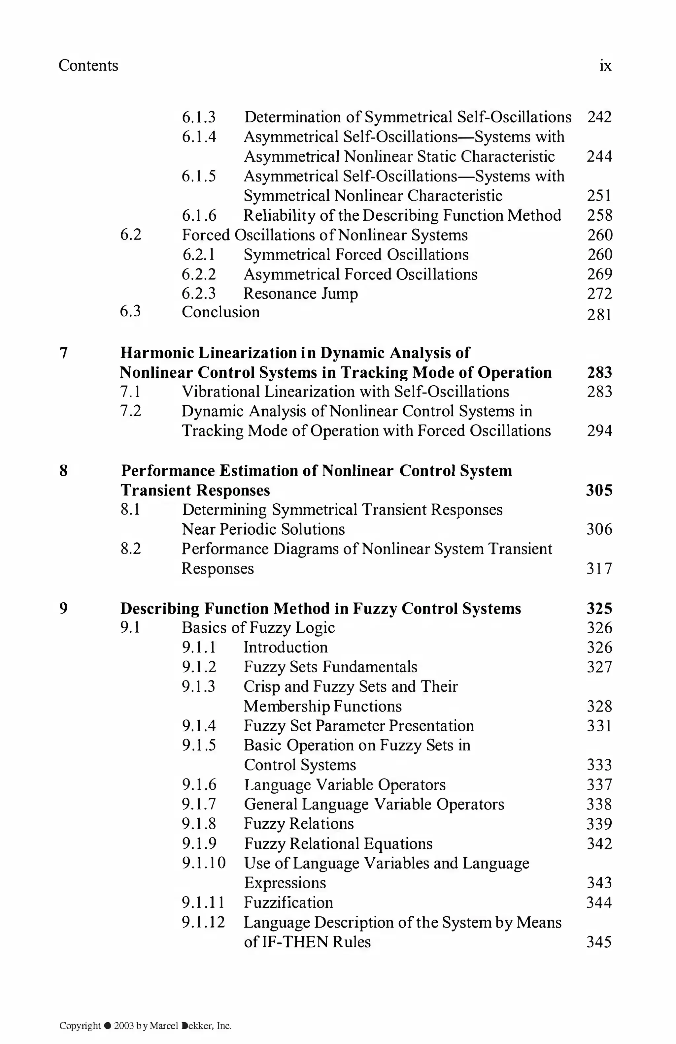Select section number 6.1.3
point(199,117)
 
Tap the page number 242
point(599,117)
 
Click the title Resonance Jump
point(300,294)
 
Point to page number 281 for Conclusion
point(599,315)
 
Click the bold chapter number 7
point(64,353)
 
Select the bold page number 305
point(599,490)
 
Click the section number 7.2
point(130,411)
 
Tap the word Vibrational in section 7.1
point(217,392)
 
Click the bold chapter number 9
point(64,608)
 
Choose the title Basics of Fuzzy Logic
point(258,628)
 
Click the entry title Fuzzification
point(288,903)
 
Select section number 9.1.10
point(204,863)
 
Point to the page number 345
point(599,942)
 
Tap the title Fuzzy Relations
point(298,824)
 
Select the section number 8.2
point(130,549)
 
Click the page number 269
point(599,274)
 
